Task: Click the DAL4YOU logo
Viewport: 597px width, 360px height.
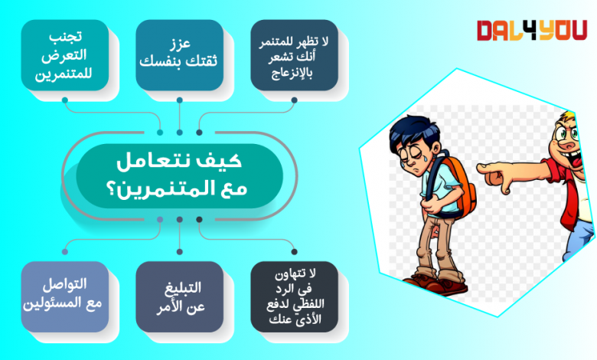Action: click(531, 31)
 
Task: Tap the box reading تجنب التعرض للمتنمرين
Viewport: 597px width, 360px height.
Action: click(65, 55)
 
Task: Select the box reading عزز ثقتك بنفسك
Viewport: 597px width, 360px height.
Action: click(179, 55)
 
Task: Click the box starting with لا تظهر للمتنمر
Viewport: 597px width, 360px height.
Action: click(295, 55)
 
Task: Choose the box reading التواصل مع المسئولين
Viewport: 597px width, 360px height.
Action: click(65, 296)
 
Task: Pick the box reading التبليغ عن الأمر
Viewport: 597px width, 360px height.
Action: click(179, 296)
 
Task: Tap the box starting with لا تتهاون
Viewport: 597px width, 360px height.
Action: click(295, 296)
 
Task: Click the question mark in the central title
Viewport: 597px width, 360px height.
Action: click(113, 189)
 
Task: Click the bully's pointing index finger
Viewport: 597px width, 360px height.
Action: click(491, 167)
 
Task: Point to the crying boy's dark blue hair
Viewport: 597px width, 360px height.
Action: click(413, 133)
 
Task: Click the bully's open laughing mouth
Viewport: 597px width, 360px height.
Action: click(574, 159)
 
